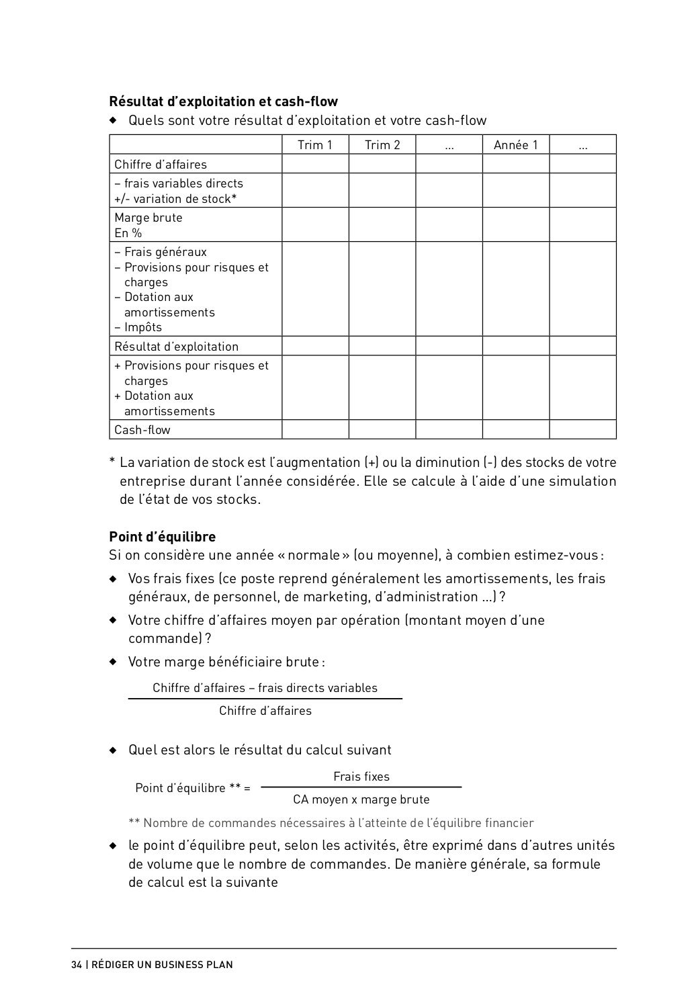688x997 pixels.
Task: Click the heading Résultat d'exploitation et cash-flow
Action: (223, 101)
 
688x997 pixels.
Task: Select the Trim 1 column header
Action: (314, 145)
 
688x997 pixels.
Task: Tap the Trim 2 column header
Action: (382, 145)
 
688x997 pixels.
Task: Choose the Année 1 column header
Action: (515, 145)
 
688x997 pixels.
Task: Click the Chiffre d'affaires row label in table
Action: (161, 165)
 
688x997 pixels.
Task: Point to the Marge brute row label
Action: (148, 218)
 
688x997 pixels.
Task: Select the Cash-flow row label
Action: (142, 430)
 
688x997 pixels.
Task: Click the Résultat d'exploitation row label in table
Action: (176, 347)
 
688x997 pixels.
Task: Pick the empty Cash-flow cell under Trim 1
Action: (314, 430)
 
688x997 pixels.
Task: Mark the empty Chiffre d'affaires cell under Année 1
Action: (515, 165)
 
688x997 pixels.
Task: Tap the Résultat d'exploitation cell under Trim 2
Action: (382, 347)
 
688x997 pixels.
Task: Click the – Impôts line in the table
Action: (138, 328)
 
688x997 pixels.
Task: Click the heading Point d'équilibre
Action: (162, 537)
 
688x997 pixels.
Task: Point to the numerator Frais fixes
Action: (361, 777)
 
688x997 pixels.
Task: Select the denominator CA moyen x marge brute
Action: (361, 799)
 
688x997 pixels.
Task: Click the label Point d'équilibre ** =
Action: (193, 788)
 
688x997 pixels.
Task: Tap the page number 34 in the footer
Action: (77, 965)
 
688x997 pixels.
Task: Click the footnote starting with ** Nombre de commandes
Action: (331, 823)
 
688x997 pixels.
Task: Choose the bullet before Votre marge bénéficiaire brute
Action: (114, 662)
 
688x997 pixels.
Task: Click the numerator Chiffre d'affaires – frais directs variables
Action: (265, 688)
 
